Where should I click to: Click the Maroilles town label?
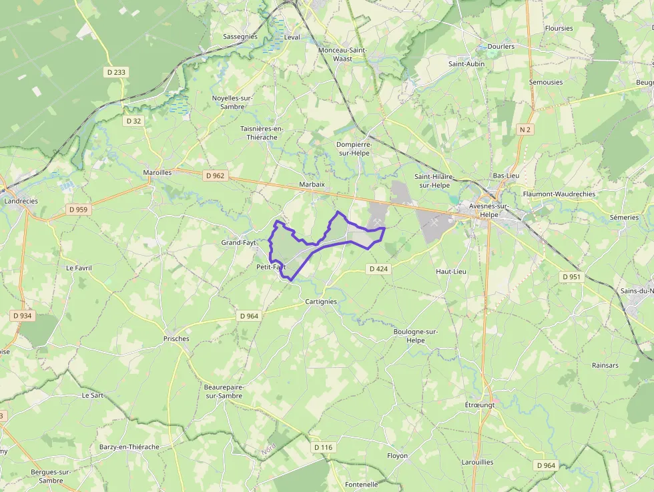(157, 172)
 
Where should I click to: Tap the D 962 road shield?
(216, 176)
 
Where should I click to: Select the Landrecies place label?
(21, 201)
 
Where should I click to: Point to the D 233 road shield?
(115, 72)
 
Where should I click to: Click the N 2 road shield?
(525, 130)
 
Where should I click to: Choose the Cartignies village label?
(320, 302)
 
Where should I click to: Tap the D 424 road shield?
(378, 269)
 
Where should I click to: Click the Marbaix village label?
(312, 184)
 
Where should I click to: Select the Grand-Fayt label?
(239, 242)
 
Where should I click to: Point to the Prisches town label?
(176, 338)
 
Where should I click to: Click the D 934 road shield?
(22, 316)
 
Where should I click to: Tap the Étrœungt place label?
(480, 405)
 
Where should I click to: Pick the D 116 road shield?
(322, 447)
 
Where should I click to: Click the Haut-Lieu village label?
(451, 272)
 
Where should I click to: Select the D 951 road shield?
(571, 276)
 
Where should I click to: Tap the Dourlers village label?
(501, 47)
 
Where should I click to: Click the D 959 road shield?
(78, 210)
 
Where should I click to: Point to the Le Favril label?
(79, 268)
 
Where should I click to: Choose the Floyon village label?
(397, 456)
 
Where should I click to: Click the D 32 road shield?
(133, 121)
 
